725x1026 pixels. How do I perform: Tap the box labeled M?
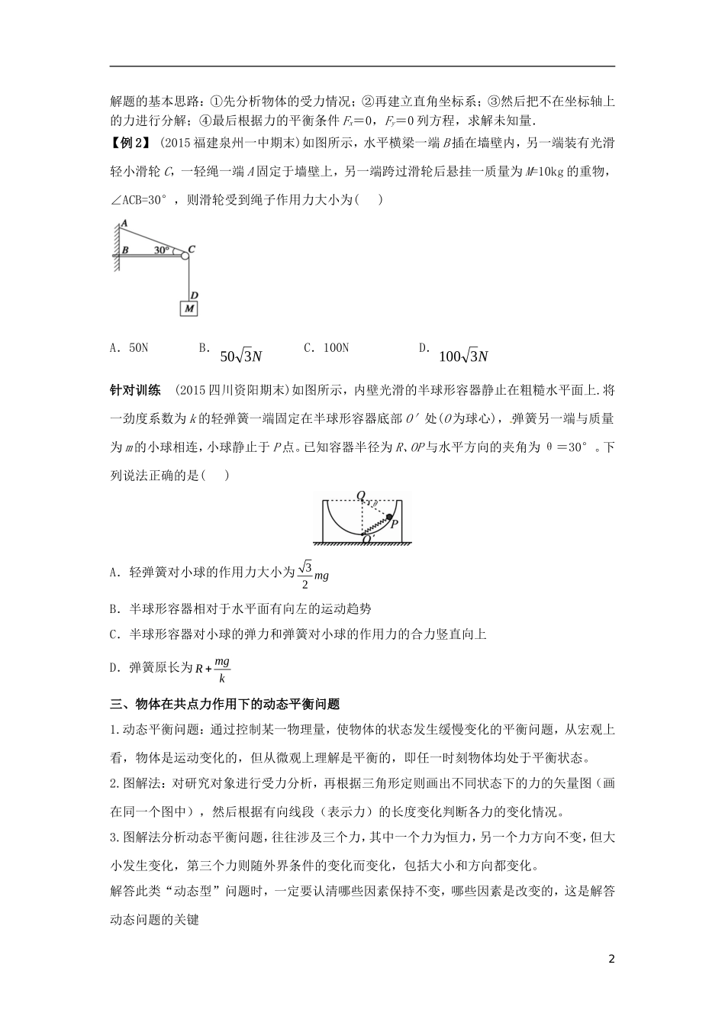[x=188, y=308]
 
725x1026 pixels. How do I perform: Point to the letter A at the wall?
[x=124, y=222]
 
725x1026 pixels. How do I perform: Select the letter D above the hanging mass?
[x=195, y=295]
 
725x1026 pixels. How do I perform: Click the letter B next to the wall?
[x=126, y=250]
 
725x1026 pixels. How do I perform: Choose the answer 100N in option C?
[x=326, y=348]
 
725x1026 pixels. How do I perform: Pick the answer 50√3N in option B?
[x=240, y=357]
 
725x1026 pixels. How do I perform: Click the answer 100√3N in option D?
[x=463, y=357]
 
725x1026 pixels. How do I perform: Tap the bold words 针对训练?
[x=135, y=390]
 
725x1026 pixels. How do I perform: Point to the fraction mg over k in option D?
[x=221, y=669]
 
